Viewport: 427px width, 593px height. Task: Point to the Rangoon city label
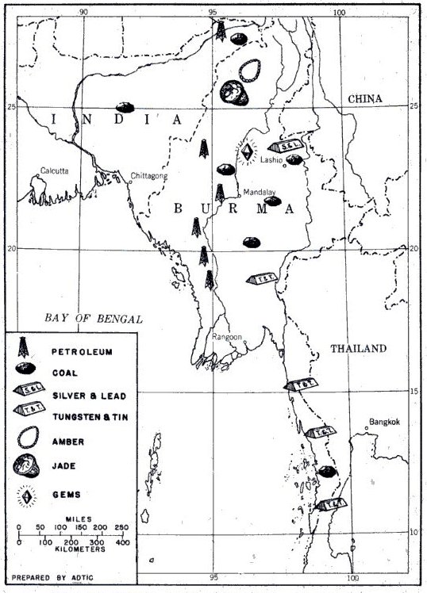(x=227, y=337)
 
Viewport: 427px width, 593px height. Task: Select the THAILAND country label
(x=357, y=348)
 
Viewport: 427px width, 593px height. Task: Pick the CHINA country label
(x=364, y=98)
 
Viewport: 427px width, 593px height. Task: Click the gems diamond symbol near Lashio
(x=247, y=151)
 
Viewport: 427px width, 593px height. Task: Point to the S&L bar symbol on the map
(x=284, y=147)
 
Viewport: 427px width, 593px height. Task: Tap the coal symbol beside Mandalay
(x=274, y=201)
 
